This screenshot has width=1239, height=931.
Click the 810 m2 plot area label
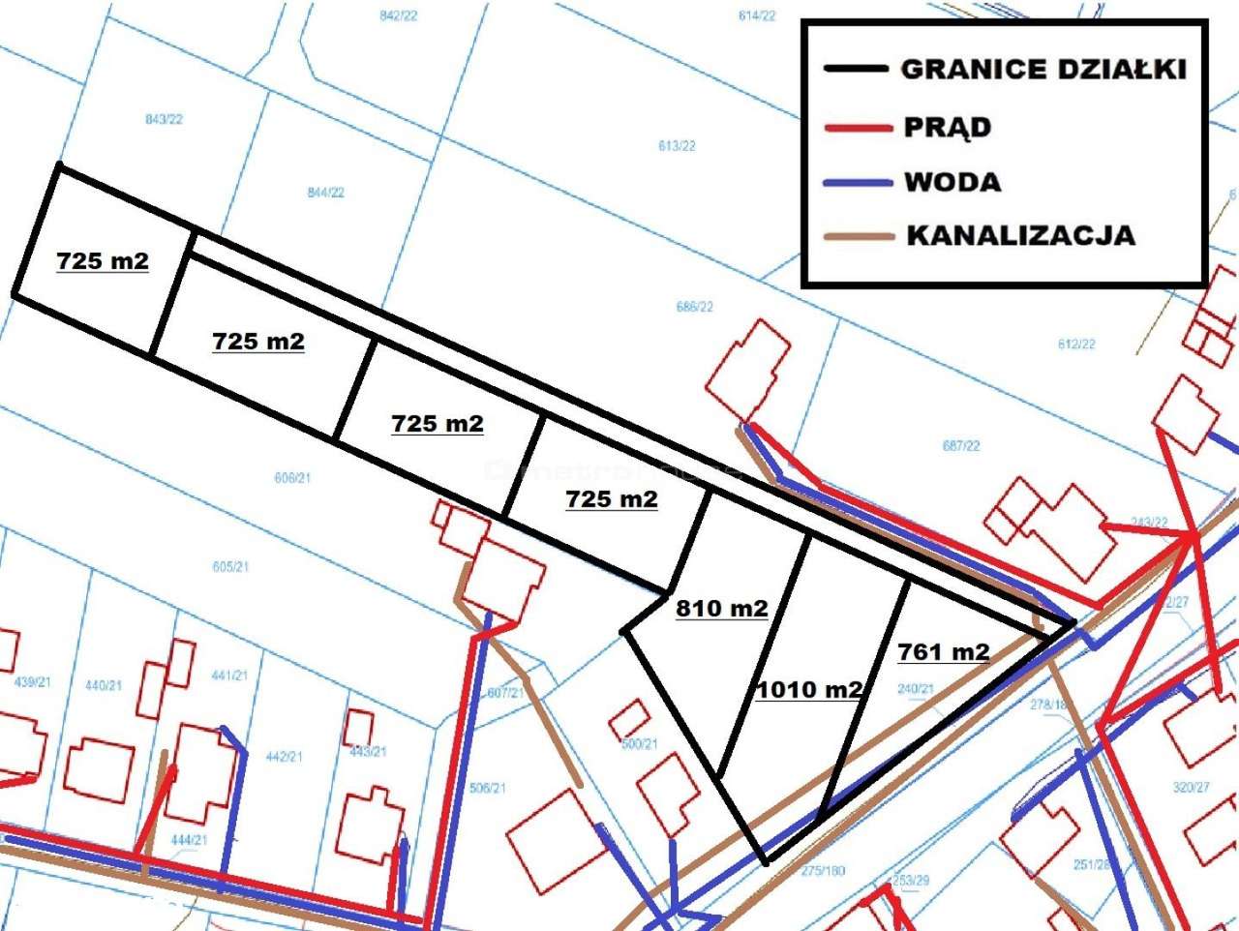coord(721,609)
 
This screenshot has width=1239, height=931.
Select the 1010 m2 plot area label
coord(808,690)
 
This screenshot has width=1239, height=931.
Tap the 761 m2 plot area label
coord(943,652)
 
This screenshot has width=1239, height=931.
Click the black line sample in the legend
coord(855,69)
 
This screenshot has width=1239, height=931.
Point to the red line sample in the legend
coord(857,128)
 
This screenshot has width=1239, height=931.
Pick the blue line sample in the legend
coord(857,182)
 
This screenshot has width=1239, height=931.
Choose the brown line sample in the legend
coord(857,235)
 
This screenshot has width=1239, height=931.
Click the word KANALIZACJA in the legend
coord(1020,235)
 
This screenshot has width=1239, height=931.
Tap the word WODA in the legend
coord(952,182)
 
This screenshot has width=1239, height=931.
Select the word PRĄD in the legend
coord(947,128)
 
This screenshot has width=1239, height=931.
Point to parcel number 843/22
coord(164,119)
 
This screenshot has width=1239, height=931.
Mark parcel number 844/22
coord(326,193)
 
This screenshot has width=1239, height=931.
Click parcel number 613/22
coord(677,146)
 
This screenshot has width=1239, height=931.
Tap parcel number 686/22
coord(695,307)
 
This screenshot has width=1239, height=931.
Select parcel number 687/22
coord(960,446)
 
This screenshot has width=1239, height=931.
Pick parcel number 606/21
coord(291,478)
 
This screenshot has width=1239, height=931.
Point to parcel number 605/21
coord(230,567)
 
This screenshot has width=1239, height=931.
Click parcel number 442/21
coord(284,756)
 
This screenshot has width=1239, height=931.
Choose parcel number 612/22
coord(1076,345)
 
